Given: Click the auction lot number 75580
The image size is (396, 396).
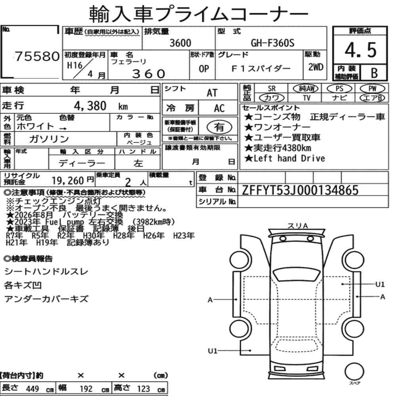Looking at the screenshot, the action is [37, 56].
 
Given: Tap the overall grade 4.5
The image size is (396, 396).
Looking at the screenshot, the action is [360, 50].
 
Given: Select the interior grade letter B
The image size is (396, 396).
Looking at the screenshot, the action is [374, 73].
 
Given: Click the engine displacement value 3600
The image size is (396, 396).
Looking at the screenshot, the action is [180, 43].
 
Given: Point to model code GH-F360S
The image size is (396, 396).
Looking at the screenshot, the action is [272, 43].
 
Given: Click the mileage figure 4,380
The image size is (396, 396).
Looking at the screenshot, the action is [90, 106].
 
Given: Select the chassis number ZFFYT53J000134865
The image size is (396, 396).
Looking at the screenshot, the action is [300, 190].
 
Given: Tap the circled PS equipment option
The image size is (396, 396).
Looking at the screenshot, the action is [339, 89].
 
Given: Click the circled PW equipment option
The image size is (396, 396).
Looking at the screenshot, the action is [372, 89].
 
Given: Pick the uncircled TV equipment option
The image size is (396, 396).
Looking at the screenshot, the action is [307, 98].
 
